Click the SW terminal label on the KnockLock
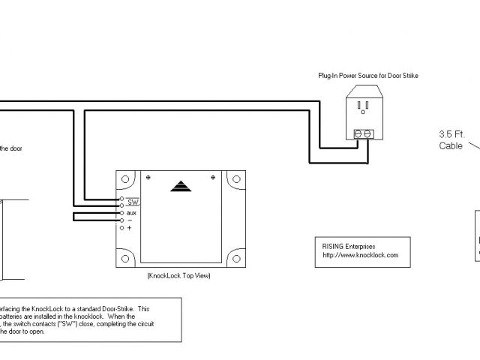[133, 202]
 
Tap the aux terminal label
[131, 213]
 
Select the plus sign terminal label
[129, 227]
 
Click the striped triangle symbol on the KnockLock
[181, 185]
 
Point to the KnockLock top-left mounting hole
[124, 181]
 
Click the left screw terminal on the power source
[358, 133]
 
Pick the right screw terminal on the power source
[367, 133]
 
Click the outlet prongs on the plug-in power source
[362, 109]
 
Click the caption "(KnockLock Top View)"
[179, 276]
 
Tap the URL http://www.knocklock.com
[356, 255]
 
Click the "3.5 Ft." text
[452, 136]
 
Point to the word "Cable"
[451, 146]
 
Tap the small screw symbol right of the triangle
[214, 177]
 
